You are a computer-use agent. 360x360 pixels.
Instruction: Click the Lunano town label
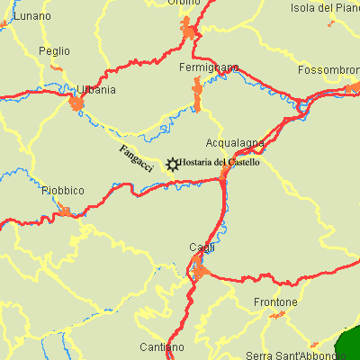(33, 17)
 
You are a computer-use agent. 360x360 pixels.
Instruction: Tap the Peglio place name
(54, 51)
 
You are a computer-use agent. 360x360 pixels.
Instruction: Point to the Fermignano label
(209, 68)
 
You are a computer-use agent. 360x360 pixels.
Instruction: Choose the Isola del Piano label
(325, 8)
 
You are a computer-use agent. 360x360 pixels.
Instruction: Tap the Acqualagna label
(235, 143)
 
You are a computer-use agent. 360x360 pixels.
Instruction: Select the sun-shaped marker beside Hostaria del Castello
(171, 164)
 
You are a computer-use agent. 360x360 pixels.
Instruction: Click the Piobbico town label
(63, 191)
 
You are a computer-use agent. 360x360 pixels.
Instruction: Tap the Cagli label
(201, 247)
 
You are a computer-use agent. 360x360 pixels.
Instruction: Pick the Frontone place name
(275, 301)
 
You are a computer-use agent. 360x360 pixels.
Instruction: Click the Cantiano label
(162, 346)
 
